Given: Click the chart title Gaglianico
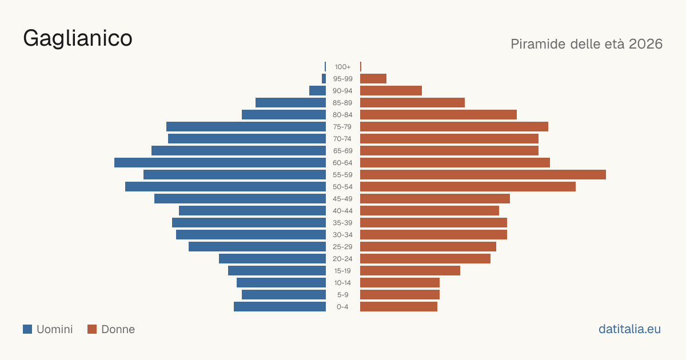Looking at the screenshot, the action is point(78,39).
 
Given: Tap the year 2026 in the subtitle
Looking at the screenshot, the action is point(645,44).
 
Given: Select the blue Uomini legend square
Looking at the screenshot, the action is point(27,329).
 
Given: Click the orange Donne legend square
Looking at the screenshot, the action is point(92,329).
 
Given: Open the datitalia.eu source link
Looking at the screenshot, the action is point(629,329).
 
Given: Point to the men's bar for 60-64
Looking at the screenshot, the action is point(220,162).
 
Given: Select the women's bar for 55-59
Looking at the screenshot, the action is point(483,174).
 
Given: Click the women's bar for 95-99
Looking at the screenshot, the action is point(373,79).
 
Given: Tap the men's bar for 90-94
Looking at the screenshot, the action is point(318,91).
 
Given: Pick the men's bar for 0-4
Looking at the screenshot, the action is point(280,306).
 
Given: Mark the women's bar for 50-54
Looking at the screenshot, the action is point(468,186).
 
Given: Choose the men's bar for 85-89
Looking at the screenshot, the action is point(290,102).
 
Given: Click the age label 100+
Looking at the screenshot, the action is point(342,67).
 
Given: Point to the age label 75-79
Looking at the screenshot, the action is point(342,127).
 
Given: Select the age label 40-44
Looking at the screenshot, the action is point(342,211).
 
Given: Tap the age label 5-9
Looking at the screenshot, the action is point(342,294).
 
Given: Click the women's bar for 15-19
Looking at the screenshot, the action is point(410,271).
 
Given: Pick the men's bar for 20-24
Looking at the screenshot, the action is point(272,259).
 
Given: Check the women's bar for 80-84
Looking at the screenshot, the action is point(438,114).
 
